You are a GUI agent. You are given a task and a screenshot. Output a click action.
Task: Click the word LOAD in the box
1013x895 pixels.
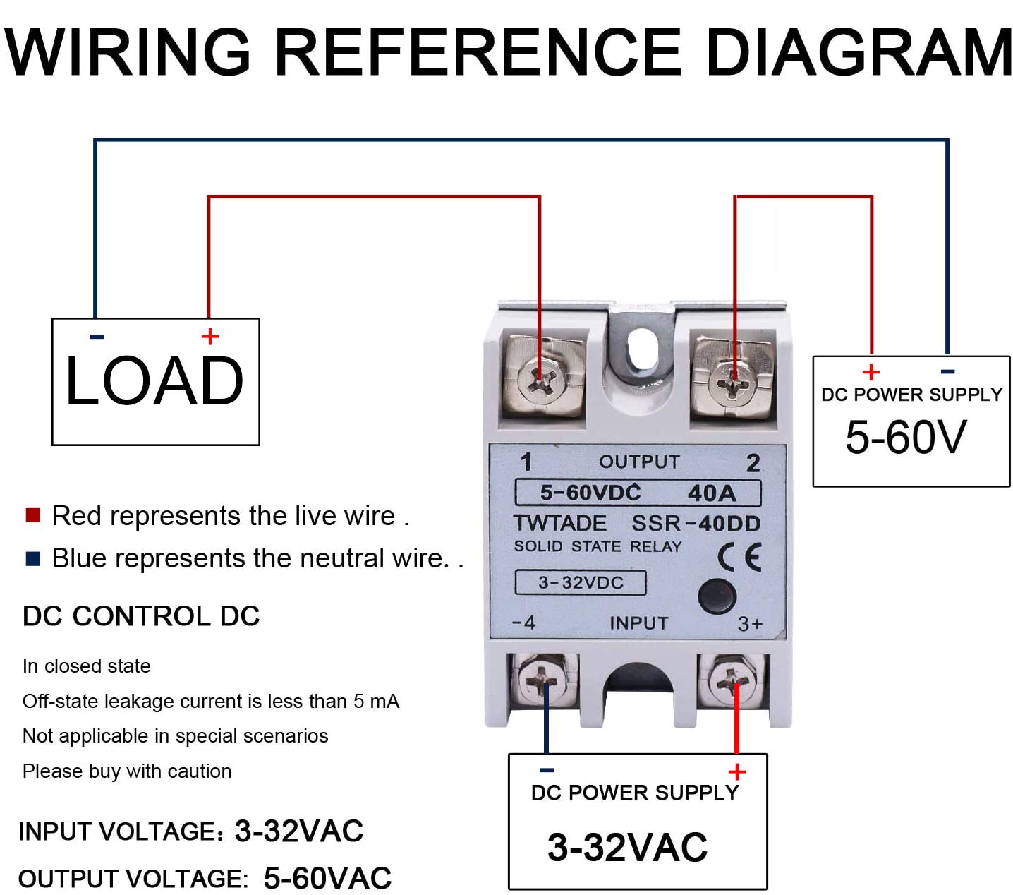(154, 382)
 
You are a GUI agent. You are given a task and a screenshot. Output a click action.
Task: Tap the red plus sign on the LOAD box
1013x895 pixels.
(210, 337)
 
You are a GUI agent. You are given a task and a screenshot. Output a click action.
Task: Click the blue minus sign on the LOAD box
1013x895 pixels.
(97, 337)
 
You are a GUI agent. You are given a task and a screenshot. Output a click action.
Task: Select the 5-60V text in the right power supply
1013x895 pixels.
(906, 437)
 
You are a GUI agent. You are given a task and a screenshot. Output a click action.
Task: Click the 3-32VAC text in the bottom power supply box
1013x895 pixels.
(627, 847)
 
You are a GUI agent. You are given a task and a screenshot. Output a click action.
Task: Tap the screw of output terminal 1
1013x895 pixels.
(541, 381)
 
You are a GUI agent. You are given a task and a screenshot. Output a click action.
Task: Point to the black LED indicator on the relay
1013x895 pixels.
(717, 597)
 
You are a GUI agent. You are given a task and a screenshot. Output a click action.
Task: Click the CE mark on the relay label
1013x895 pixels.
(739, 557)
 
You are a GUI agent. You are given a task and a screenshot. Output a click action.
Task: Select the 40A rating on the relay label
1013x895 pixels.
(712, 493)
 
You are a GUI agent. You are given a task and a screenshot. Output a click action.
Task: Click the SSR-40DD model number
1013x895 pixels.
(696, 524)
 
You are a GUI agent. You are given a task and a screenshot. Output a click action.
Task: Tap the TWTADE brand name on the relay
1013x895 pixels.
(560, 524)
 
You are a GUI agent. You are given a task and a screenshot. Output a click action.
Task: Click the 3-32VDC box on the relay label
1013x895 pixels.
(581, 583)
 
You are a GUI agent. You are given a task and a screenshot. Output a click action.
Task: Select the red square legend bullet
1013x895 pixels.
(32, 515)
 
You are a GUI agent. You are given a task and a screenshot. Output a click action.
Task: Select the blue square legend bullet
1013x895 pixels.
(32, 559)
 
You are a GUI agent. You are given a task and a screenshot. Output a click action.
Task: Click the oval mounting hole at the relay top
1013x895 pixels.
(641, 349)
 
